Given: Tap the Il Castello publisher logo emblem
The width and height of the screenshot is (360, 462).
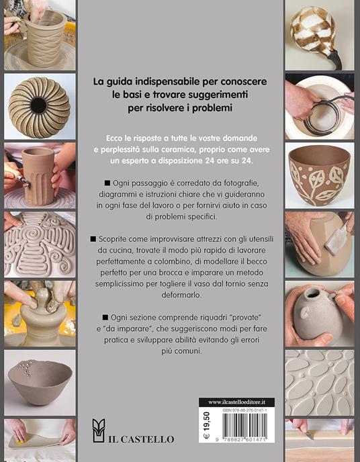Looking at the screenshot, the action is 99,430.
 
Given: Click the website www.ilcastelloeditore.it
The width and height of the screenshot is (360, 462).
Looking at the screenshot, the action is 236,402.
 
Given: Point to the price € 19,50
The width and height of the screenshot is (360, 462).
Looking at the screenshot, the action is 206,425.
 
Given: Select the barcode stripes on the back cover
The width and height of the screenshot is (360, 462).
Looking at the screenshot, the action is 244,425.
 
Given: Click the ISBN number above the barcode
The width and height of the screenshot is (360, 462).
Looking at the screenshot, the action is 244,410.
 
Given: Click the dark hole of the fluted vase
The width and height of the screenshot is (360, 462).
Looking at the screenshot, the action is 38,105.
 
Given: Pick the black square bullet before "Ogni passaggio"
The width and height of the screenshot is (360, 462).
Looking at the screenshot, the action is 107,183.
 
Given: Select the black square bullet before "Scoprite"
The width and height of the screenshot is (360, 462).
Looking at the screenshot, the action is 93,239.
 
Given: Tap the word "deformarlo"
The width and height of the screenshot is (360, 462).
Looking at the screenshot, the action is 181,295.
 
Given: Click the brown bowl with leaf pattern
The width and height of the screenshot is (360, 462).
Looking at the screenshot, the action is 319,175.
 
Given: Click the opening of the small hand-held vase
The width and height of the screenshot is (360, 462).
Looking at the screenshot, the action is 312,293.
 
